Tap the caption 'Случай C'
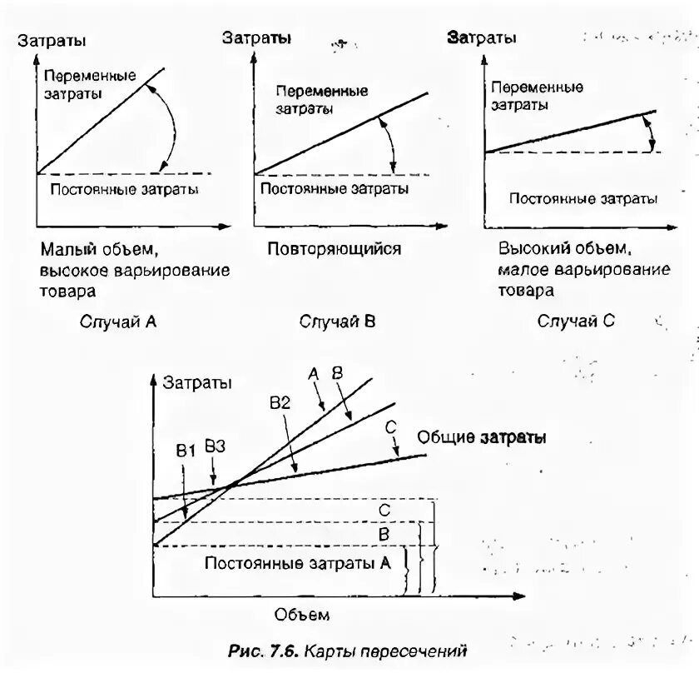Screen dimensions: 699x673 tap(576, 321)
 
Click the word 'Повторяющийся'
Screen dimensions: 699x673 tap(335, 248)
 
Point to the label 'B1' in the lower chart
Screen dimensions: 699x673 tap(185, 450)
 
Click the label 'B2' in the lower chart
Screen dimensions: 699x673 tap(280, 402)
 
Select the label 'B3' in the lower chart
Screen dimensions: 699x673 tap(215, 446)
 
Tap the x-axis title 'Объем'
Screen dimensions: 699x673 tap(302, 615)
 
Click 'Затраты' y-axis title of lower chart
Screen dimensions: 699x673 tap(197, 382)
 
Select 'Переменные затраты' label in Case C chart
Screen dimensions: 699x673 tap(537, 96)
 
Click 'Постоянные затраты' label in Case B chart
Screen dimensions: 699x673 tap(335, 189)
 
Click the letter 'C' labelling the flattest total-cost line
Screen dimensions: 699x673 tap(390, 426)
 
